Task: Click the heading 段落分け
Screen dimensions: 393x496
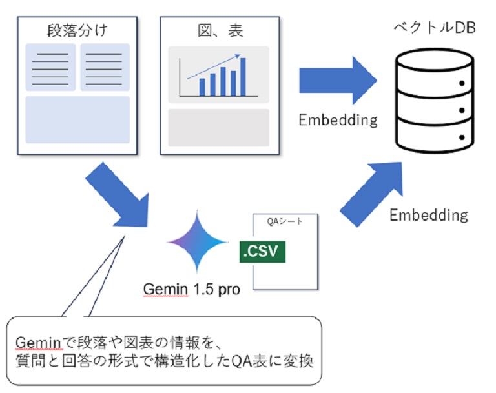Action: click(77, 30)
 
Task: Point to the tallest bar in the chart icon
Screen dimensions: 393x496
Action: click(243, 77)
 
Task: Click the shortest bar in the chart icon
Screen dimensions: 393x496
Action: click(202, 86)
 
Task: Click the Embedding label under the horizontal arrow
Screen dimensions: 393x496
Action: click(338, 120)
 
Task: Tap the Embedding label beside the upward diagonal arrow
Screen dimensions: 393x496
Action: click(428, 215)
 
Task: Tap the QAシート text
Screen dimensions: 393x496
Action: click(284, 221)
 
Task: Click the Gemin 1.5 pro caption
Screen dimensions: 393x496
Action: click(192, 289)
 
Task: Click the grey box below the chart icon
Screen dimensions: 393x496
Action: click(218, 127)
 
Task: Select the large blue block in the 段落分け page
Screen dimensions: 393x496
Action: click(77, 119)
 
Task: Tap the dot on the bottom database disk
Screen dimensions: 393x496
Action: click(462, 136)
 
